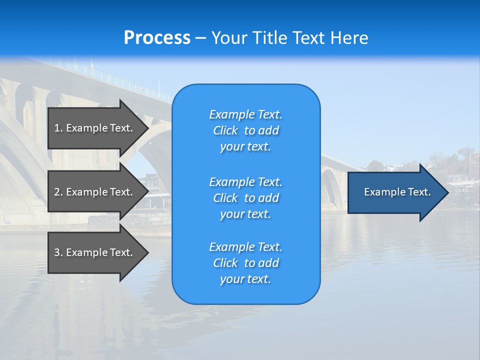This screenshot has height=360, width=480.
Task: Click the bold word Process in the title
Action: pos(157,38)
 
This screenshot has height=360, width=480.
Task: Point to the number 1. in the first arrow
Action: pos(58,128)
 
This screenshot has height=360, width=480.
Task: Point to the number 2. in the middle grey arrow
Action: pos(58,192)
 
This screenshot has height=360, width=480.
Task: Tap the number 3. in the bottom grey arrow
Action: pos(58,252)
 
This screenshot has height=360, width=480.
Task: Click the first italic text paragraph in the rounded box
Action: pos(245,130)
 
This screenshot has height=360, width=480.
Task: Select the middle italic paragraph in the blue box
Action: pos(245,198)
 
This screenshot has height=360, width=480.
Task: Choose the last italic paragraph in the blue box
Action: pos(245,263)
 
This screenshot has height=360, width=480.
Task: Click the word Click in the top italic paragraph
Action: pos(225,130)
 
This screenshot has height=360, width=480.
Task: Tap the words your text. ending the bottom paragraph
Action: pos(245,279)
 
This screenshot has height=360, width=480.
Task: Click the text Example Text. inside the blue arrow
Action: pos(397,192)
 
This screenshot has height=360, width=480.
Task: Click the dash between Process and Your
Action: pos(200,38)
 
